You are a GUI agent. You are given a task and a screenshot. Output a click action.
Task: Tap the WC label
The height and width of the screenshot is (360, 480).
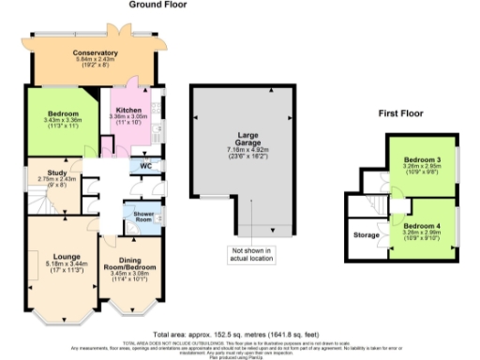point(146,167)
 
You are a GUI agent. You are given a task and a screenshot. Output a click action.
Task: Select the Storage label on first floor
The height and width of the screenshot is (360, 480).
point(365,234)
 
